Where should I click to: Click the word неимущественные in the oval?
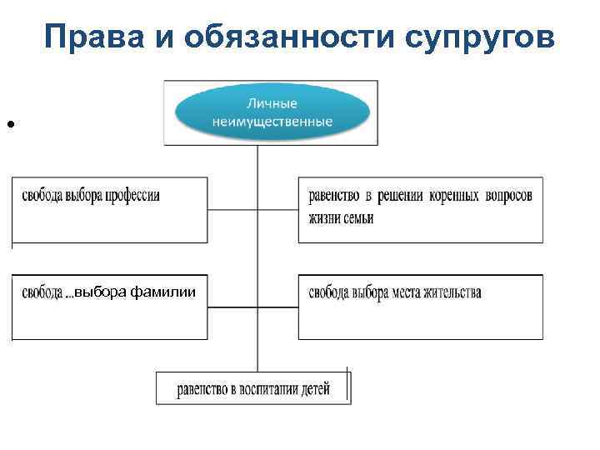(272, 122)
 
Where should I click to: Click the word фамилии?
(170, 292)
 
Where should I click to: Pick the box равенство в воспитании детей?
(253, 387)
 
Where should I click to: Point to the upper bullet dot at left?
(11, 124)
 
